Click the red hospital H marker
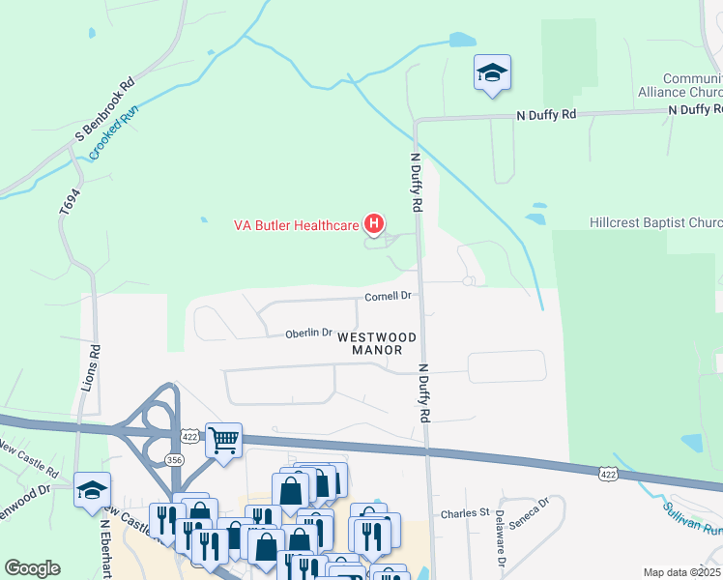tap(374, 225)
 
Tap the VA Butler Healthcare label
tap(296, 226)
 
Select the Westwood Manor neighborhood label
tap(378, 343)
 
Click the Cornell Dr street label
tap(389, 296)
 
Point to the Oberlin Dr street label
tap(308, 334)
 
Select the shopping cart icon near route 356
tap(223, 441)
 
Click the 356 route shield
tap(174, 460)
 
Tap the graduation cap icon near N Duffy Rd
tap(492, 72)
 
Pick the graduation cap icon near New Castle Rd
tap(92, 489)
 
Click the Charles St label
tap(464, 513)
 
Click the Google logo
tap(32, 568)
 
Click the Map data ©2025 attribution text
tap(682, 572)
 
